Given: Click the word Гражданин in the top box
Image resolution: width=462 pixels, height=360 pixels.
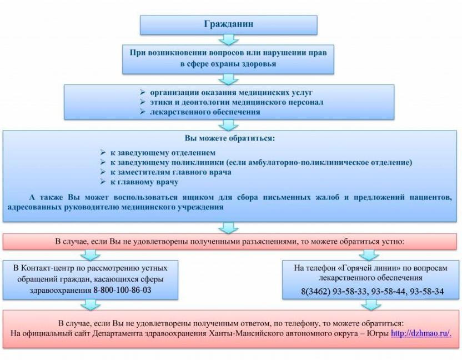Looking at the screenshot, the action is click(229, 24).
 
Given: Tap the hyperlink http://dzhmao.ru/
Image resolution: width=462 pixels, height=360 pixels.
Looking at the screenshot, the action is click(421, 333).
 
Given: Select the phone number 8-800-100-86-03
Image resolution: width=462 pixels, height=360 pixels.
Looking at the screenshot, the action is click(122, 290).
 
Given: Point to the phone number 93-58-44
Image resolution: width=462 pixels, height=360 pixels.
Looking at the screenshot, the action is click(388, 291).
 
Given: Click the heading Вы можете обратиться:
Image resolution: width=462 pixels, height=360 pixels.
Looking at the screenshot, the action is click(230, 138).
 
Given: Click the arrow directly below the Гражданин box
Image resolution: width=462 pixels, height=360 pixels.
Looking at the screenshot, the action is click(228, 39).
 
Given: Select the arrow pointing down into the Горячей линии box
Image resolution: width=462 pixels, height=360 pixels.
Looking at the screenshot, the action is click(369, 255).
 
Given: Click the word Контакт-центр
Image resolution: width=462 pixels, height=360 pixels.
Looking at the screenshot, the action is click(42, 268).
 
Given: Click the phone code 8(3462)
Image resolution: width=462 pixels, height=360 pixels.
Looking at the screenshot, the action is click(315, 292).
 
